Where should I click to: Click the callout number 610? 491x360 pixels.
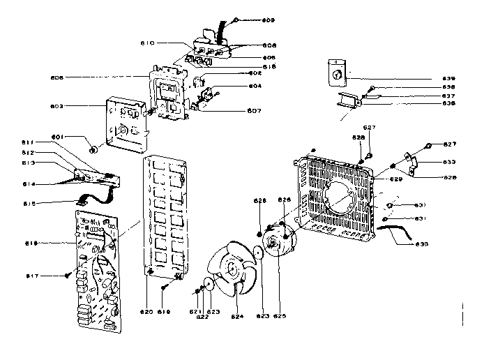click(148, 43)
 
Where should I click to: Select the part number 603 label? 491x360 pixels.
click(57, 106)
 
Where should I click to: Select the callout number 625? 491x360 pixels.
click(280, 315)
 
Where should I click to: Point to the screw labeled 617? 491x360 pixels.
click(66, 274)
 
